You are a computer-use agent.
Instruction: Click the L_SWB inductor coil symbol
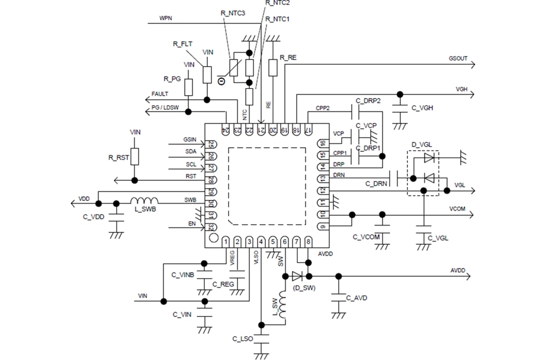pyautogui.click(x=144, y=201)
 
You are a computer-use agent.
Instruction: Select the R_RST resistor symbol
pyautogui.click(x=134, y=157)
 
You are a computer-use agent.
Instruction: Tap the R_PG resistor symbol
pyautogui.click(x=189, y=87)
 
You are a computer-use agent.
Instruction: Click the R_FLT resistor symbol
pyautogui.click(x=207, y=74)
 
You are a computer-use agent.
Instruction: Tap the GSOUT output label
pyautogui.click(x=458, y=59)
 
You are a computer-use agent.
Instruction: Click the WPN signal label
pyautogui.click(x=166, y=18)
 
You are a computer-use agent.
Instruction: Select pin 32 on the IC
pyautogui.click(x=211, y=227)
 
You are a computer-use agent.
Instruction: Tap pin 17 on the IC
pyautogui.click(x=307, y=129)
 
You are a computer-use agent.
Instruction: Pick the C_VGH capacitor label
pyautogui.click(x=422, y=108)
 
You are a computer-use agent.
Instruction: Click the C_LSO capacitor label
pyautogui.click(x=243, y=338)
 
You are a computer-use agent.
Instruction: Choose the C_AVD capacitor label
pyautogui.click(x=356, y=298)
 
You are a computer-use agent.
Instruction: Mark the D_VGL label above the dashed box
pyautogui.click(x=421, y=145)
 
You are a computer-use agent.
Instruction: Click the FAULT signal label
pyautogui.click(x=160, y=94)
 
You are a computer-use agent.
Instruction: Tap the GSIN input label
pyautogui.click(x=190, y=139)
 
